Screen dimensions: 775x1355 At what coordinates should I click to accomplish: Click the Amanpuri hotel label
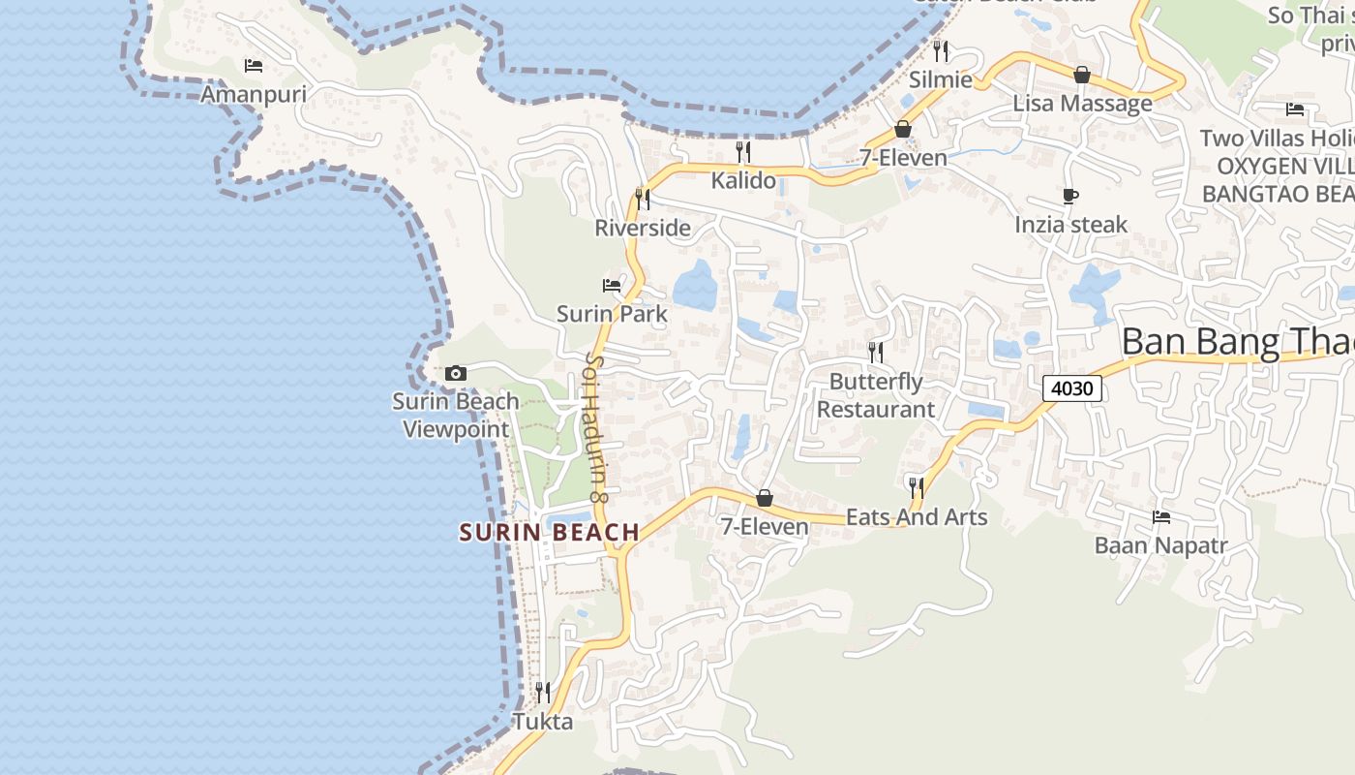pos(253,94)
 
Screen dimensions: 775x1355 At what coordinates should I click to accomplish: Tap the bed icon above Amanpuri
pos(254,66)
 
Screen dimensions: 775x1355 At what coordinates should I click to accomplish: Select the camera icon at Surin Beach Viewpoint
pos(456,373)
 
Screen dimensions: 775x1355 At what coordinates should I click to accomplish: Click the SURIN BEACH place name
pos(550,532)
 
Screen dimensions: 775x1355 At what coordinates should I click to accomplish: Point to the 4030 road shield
pos(1072,389)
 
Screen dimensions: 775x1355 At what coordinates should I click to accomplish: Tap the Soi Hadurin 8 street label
pos(596,426)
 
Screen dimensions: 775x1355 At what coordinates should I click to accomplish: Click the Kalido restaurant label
pos(743,180)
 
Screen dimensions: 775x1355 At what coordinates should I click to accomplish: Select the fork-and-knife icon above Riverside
pos(643,199)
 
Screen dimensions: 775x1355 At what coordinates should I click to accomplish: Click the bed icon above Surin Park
pos(612,285)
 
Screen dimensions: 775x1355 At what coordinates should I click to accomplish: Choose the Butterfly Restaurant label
pos(876,395)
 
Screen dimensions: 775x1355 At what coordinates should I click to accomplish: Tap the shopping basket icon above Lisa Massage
pos(1082,75)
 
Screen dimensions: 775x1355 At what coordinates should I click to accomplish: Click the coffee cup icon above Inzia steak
pos(1070,197)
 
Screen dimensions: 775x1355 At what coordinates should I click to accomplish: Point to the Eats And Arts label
pos(917,517)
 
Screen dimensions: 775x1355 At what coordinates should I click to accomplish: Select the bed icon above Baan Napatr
pos(1161,517)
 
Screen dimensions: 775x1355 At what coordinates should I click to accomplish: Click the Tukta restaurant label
pos(542,722)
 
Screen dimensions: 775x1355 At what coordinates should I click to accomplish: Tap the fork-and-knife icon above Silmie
pos(941,50)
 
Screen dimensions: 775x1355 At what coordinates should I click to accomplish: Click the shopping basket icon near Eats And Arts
pos(765,498)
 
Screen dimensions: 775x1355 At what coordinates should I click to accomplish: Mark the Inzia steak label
pos(1070,225)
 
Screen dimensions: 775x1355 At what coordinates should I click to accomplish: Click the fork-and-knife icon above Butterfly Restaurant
pos(876,352)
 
